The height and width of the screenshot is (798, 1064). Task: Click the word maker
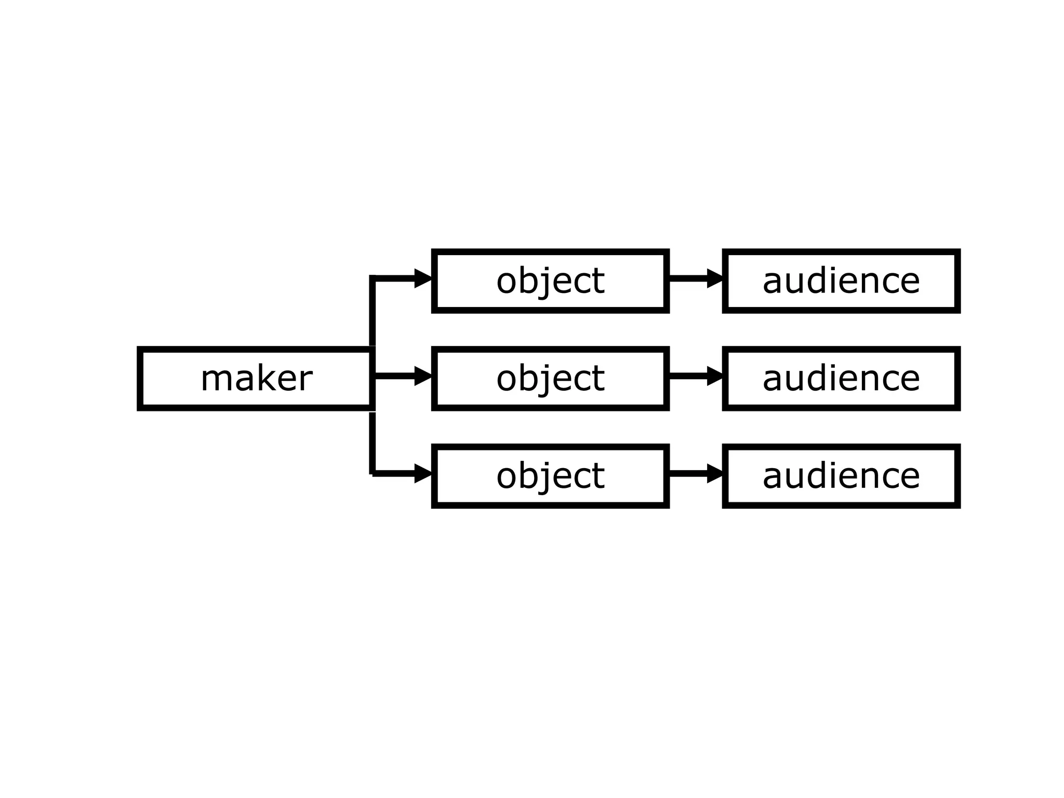(x=256, y=379)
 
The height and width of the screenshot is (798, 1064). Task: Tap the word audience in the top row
(x=841, y=281)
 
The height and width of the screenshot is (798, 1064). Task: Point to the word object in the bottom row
(x=550, y=476)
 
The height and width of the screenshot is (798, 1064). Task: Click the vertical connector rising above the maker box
(x=373, y=312)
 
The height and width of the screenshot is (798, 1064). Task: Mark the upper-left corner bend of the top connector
(x=373, y=278)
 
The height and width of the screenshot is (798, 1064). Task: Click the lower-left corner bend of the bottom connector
(x=373, y=473)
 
